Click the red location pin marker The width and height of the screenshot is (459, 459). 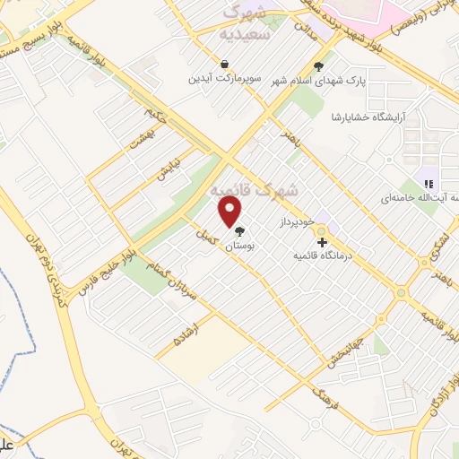230,212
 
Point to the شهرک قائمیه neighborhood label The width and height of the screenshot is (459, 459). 255,191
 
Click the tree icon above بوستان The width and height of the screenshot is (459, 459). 238,231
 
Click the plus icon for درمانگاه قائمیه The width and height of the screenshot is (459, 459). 321,242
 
